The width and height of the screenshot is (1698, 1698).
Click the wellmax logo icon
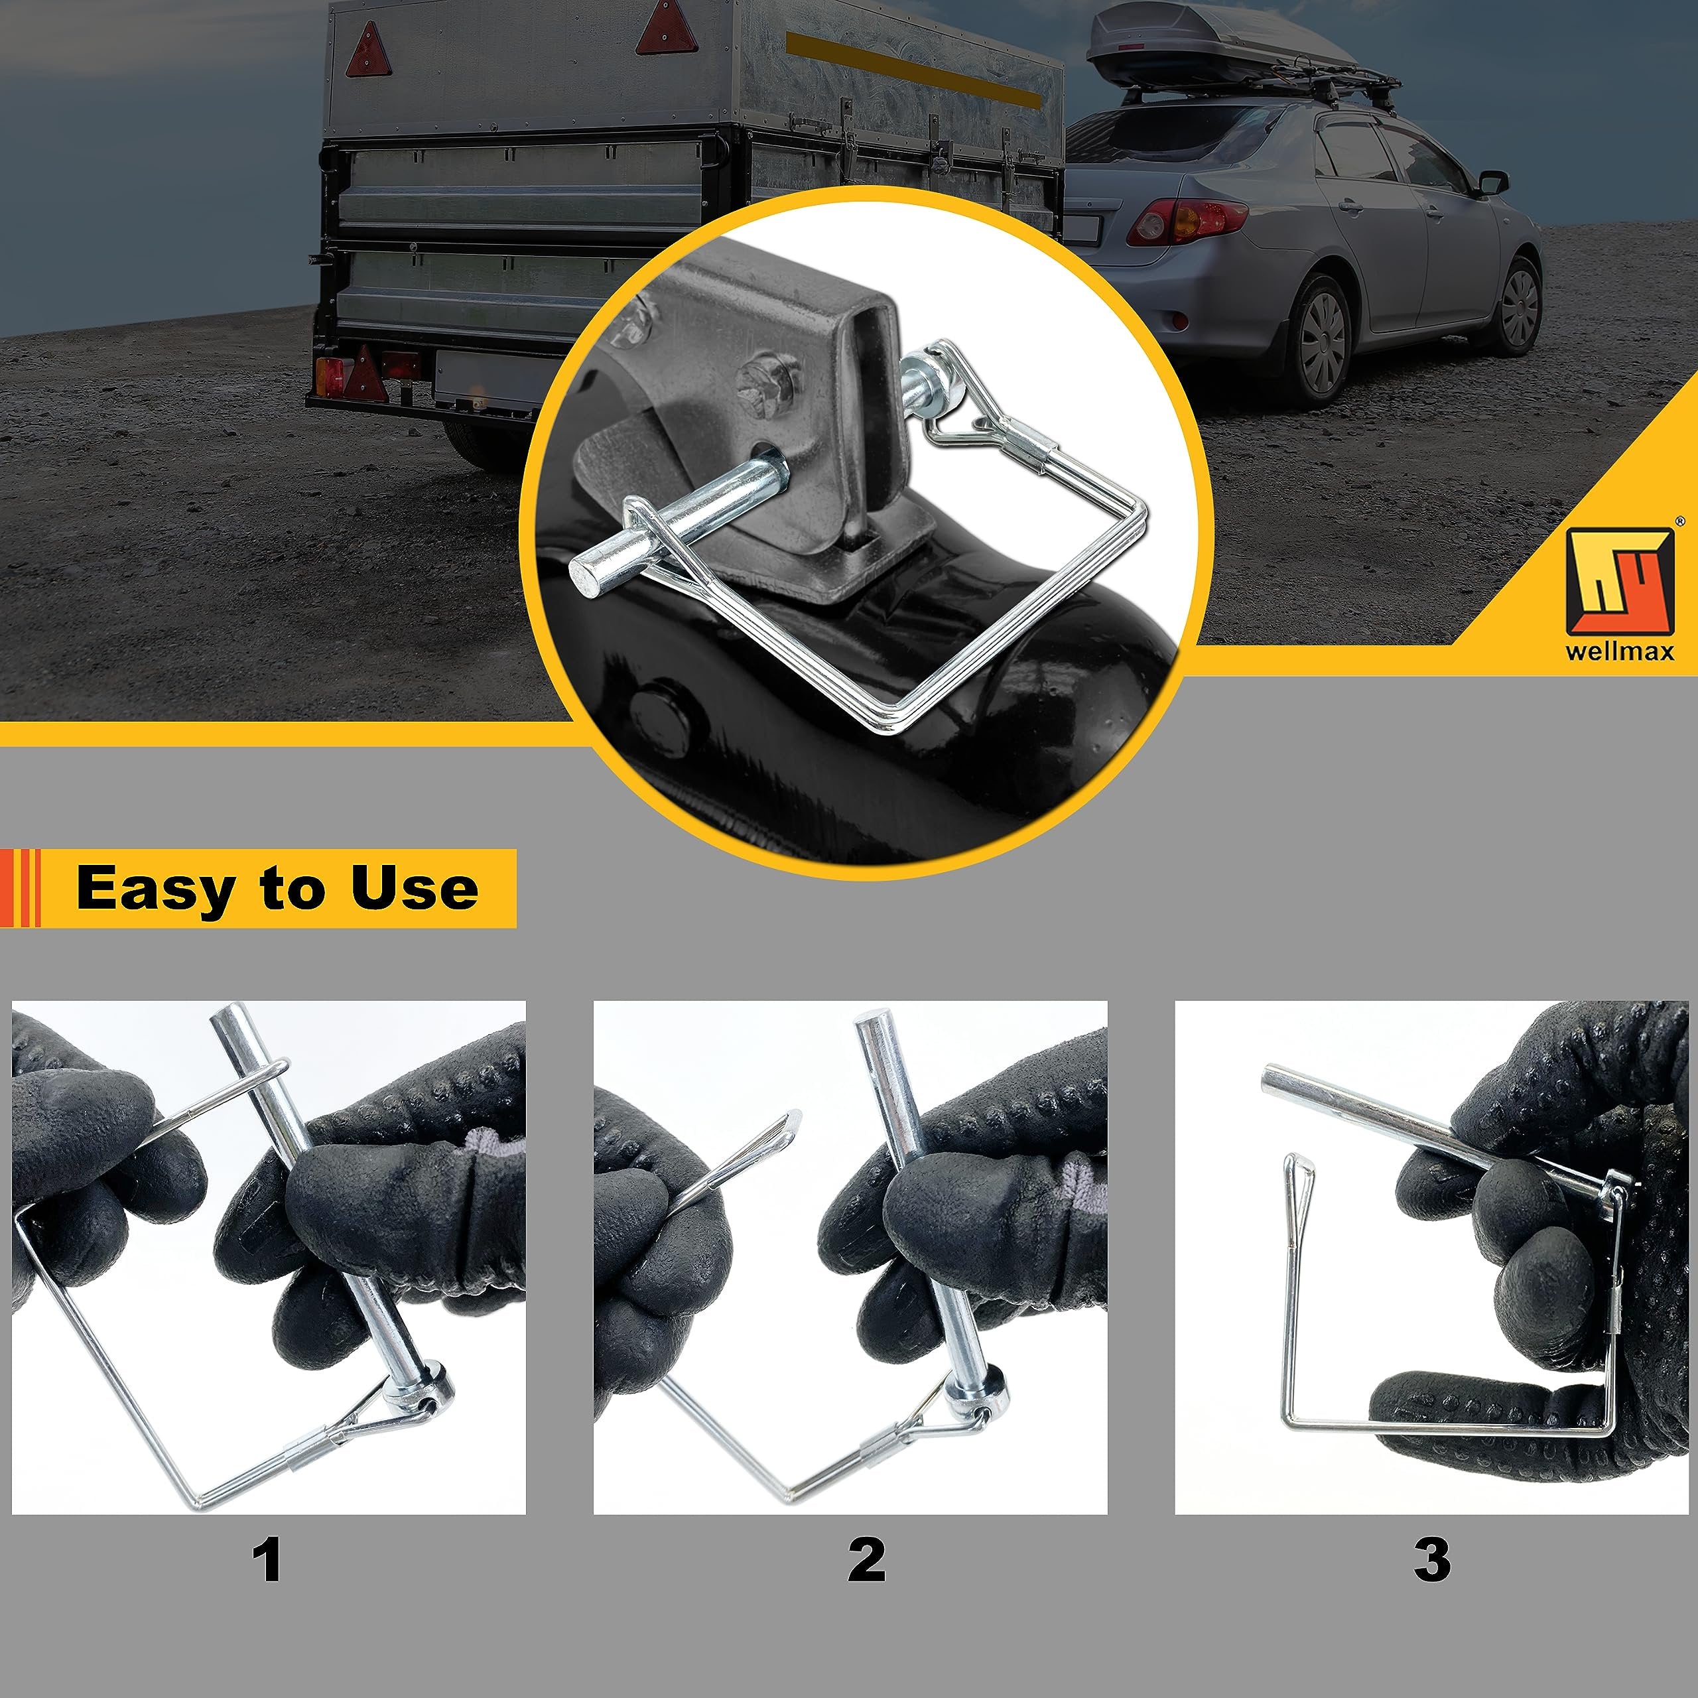click(1620, 581)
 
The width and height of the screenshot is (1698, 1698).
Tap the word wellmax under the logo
click(1620, 651)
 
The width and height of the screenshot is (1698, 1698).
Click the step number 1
click(267, 1560)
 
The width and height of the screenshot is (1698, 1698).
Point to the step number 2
click(867, 1560)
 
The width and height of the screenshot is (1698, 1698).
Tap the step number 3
click(1432, 1560)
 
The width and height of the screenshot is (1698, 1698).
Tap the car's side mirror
click(1493, 184)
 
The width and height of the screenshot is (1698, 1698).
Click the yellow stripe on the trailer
click(913, 70)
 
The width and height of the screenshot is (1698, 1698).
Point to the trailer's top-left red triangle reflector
click(368, 50)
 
